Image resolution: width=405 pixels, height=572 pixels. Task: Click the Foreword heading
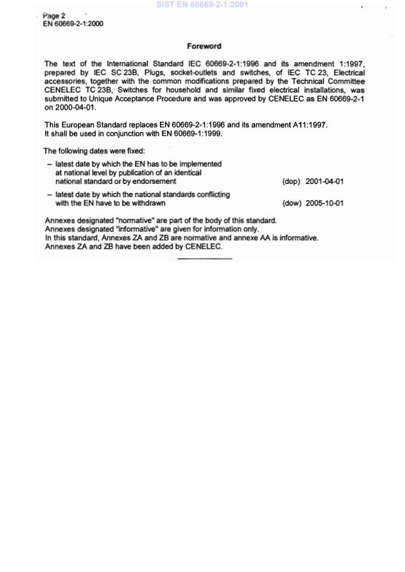point(204,46)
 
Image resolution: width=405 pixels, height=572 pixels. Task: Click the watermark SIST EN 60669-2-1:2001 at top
point(202,5)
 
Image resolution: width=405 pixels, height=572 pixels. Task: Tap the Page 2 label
point(54,16)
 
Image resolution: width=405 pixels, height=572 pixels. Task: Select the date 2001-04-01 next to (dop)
point(324,182)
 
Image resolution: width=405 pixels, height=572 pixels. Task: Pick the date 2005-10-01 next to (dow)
point(324,204)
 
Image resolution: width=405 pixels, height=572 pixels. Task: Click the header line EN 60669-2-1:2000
point(72,24)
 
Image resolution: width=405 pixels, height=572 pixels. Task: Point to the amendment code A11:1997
point(309,124)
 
